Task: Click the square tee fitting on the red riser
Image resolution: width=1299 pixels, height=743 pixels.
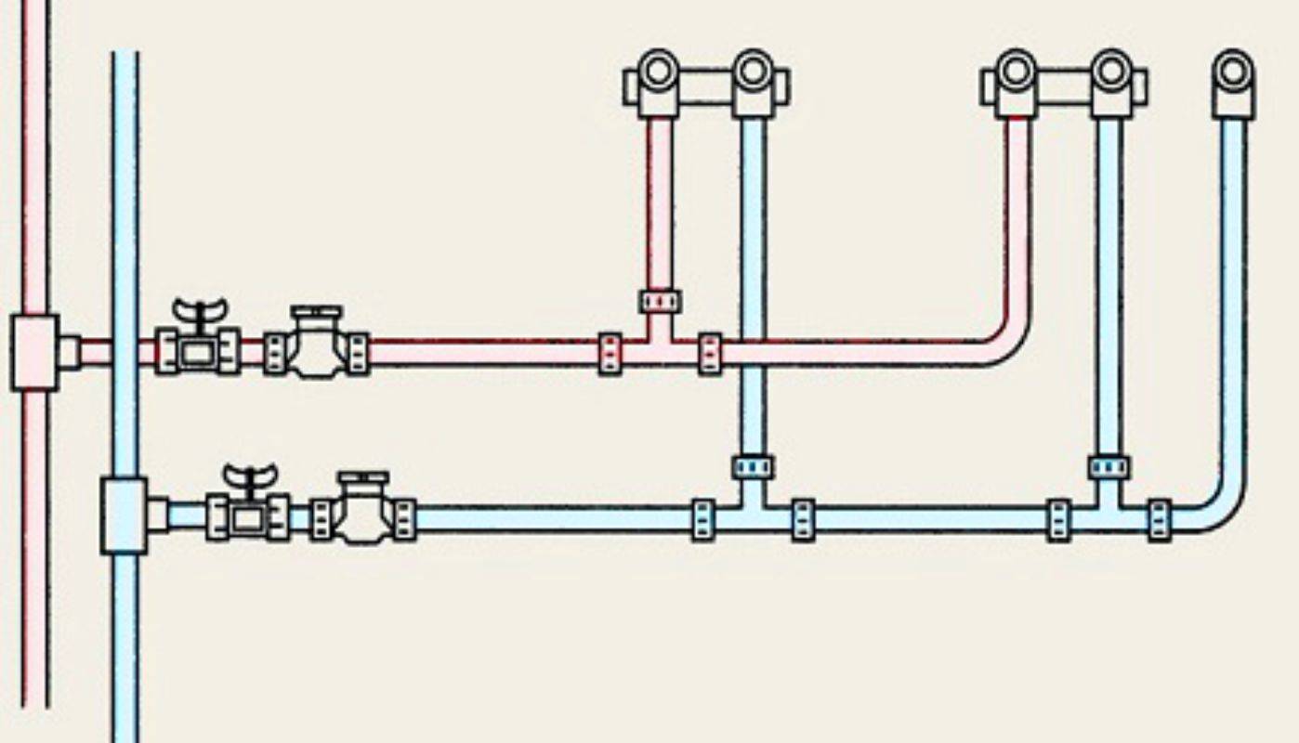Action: [35, 352]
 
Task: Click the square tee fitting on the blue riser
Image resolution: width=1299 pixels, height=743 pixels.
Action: [125, 515]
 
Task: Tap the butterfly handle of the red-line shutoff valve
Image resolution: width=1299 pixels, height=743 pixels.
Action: [199, 311]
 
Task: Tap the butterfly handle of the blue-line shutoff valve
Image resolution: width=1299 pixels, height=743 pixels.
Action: [249, 476]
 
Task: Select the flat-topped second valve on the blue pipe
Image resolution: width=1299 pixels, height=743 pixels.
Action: [362, 510]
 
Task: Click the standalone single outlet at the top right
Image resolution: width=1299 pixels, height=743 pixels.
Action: [1233, 72]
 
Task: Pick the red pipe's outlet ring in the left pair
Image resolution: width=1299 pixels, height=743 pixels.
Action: [659, 71]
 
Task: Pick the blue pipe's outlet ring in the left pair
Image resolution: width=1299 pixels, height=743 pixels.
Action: [753, 71]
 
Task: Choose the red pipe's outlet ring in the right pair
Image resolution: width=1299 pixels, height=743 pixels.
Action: [1017, 71]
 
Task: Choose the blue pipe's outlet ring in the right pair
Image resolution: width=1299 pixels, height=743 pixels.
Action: [1110, 71]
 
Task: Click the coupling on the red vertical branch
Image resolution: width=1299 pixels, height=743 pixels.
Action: [660, 301]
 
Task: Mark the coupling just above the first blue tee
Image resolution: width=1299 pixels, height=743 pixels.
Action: [753, 466]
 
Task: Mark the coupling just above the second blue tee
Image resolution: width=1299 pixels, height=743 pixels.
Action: [1109, 466]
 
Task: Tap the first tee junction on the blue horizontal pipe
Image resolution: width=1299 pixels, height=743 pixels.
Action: [753, 515]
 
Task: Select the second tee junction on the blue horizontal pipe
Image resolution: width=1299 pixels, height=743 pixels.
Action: [1109, 515]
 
